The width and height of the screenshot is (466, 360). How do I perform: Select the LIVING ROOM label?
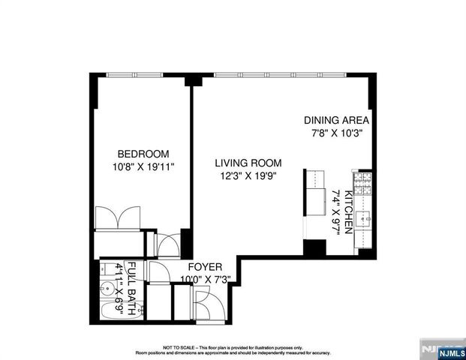[x=248, y=163]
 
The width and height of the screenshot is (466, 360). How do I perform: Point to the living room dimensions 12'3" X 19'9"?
[x=248, y=176]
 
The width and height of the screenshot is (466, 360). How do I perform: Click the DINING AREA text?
[x=336, y=120]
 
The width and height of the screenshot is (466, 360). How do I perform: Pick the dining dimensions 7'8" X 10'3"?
[x=336, y=133]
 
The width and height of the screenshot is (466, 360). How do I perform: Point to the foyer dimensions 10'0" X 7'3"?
[x=205, y=280]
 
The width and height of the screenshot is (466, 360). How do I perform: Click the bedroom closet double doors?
[x=119, y=217]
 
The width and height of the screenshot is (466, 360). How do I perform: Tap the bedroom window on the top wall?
[x=134, y=74]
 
